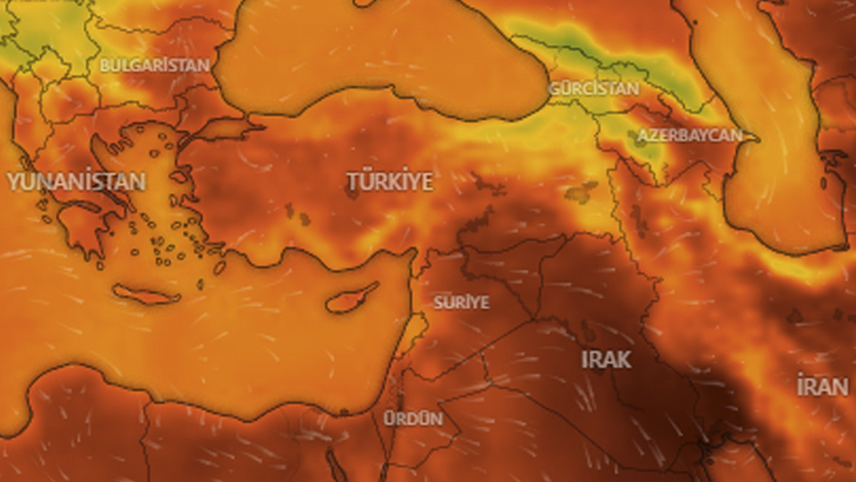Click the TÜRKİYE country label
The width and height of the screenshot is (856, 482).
(389, 181)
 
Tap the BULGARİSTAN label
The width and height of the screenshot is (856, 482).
(154, 66)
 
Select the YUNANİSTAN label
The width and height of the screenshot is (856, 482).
(76, 181)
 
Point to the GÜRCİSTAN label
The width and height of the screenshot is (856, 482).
(593, 88)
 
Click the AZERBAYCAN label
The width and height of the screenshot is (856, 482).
(689, 135)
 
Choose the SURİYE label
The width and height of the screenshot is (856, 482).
(461, 302)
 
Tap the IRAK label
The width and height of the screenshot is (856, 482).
(606, 359)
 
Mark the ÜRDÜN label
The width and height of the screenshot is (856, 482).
(413, 418)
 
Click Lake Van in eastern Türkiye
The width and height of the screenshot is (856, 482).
(580, 192)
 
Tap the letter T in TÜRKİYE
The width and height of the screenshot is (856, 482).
(353, 181)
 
